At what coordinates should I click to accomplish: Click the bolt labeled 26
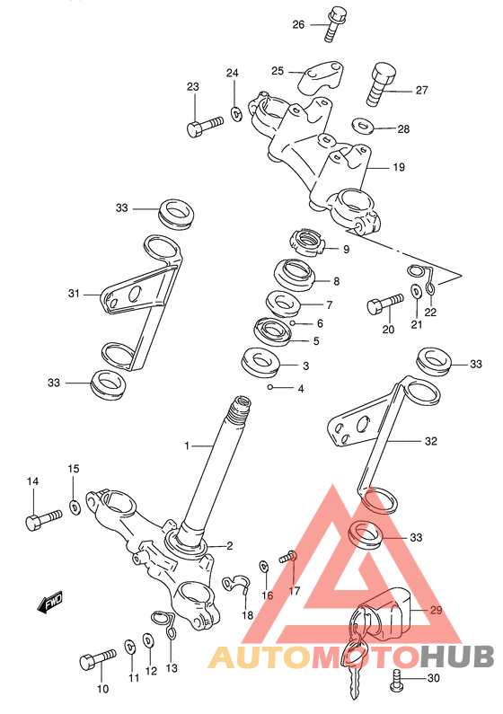pos(336,24)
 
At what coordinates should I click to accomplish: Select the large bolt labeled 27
pos(381,85)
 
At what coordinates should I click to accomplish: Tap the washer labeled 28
pos(363,125)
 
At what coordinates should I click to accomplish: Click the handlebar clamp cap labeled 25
pos(321,77)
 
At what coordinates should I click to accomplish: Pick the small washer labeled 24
pos(236,114)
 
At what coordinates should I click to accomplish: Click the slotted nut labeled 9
pos(308,243)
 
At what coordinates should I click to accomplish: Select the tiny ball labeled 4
pos(270,388)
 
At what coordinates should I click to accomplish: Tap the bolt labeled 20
pos(384,304)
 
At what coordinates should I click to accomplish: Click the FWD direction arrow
pos(49,602)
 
